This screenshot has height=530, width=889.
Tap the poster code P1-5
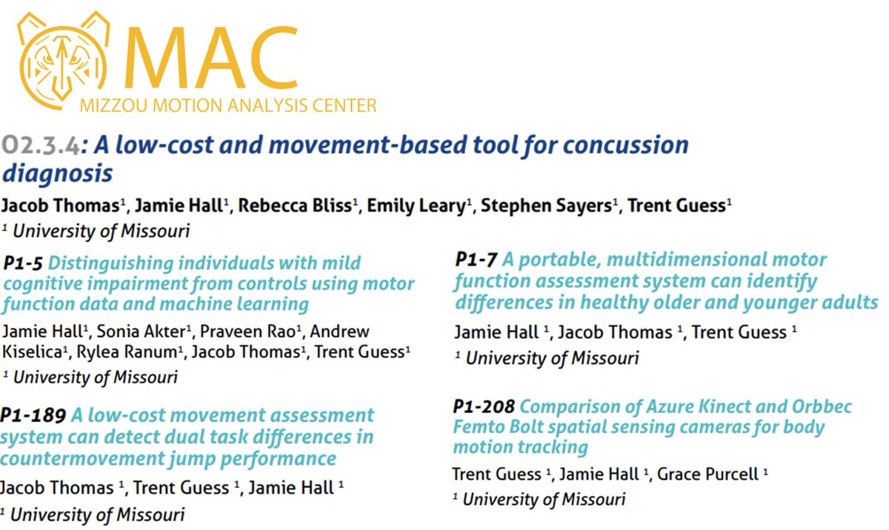24,263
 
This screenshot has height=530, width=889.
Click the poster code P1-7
476,260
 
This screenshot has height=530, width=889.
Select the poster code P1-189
33,415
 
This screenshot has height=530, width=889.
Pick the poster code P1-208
484,407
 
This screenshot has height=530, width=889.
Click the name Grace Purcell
709,474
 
